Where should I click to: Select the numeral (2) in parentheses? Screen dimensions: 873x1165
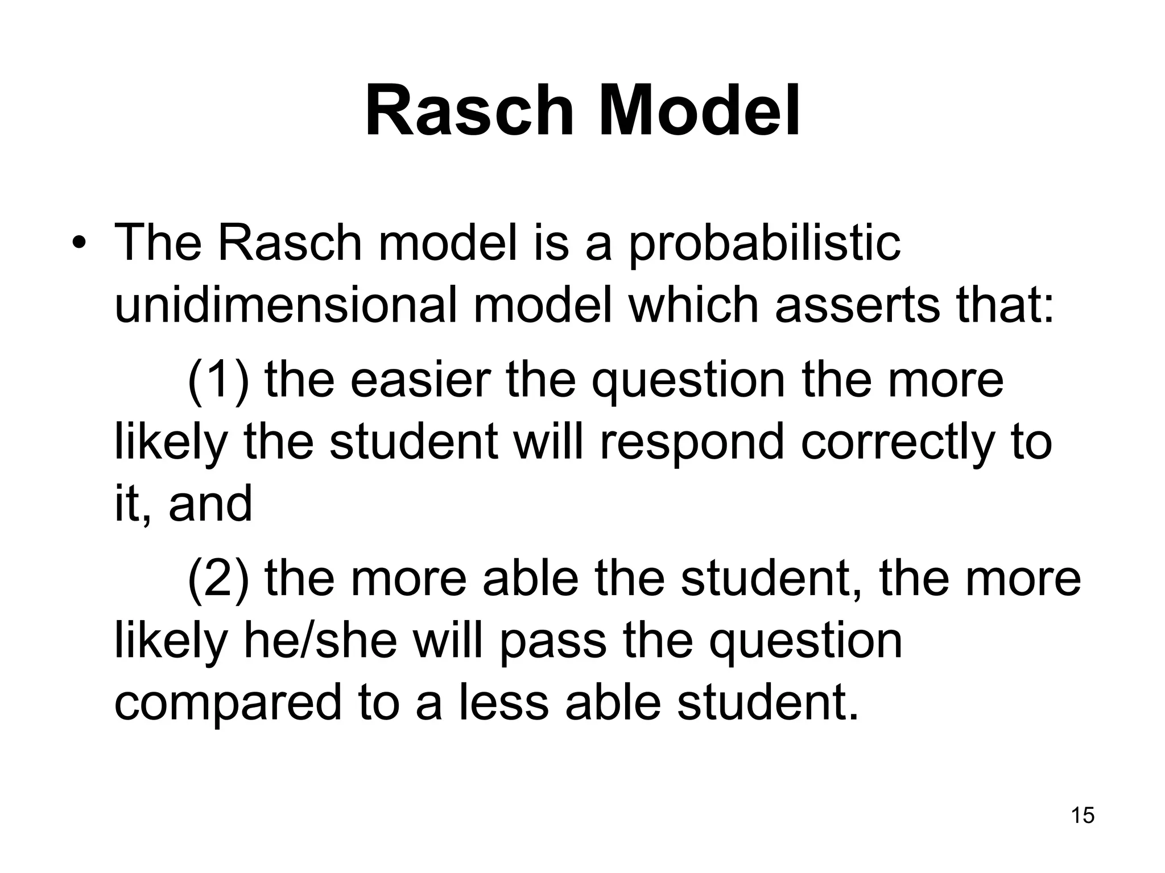pyautogui.click(x=218, y=579)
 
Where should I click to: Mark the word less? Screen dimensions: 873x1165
pyautogui.click(x=503, y=702)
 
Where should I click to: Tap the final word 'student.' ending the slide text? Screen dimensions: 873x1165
pyautogui.click(x=767, y=702)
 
